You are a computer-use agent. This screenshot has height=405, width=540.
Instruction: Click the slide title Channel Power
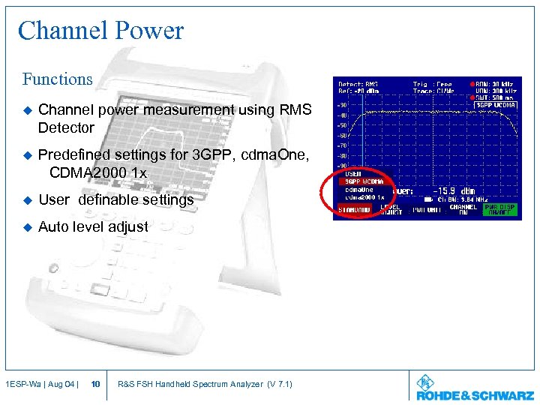coord(100,31)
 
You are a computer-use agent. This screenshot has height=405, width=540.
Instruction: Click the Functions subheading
coord(58,79)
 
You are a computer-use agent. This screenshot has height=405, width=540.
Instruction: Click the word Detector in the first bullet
coord(66,127)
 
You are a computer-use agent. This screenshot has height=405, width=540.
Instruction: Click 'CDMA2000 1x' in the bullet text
coord(98,172)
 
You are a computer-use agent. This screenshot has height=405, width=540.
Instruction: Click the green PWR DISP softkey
coord(501,209)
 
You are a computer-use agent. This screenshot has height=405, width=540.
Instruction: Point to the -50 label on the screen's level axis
coord(342,125)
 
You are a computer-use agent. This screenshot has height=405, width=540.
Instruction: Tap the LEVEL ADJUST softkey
coord(390,209)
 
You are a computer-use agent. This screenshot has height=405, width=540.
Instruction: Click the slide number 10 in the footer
coord(95,385)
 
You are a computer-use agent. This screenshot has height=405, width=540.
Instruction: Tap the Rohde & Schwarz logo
coord(475,388)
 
